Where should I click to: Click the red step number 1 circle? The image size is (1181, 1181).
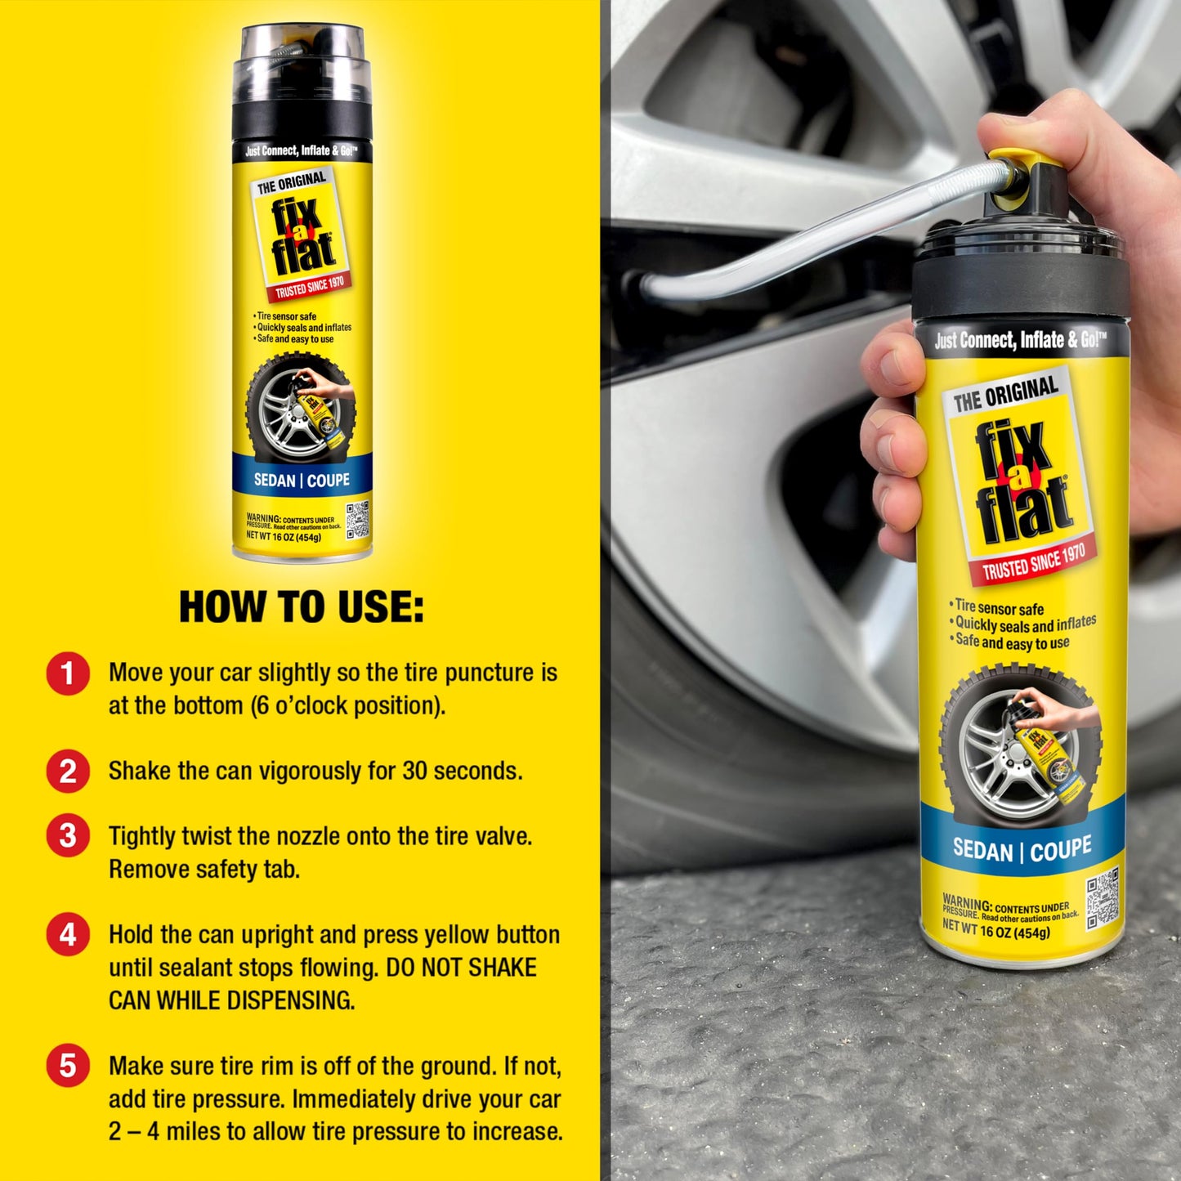coord(68,673)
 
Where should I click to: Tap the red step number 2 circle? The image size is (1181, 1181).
coord(68,772)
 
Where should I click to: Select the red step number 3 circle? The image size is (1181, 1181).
coord(68,836)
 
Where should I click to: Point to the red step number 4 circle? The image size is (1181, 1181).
coord(68,934)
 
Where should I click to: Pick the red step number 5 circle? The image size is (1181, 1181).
coord(68,1066)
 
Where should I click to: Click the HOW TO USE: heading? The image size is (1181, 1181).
coord(301,607)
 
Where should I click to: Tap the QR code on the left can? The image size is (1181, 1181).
coord(357,520)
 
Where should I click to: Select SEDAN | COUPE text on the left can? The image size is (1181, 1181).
coord(302,481)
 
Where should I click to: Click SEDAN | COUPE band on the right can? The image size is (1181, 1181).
coord(1022,849)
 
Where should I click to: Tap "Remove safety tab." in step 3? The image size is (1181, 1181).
coord(204,870)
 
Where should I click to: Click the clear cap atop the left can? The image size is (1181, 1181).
coord(302,61)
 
